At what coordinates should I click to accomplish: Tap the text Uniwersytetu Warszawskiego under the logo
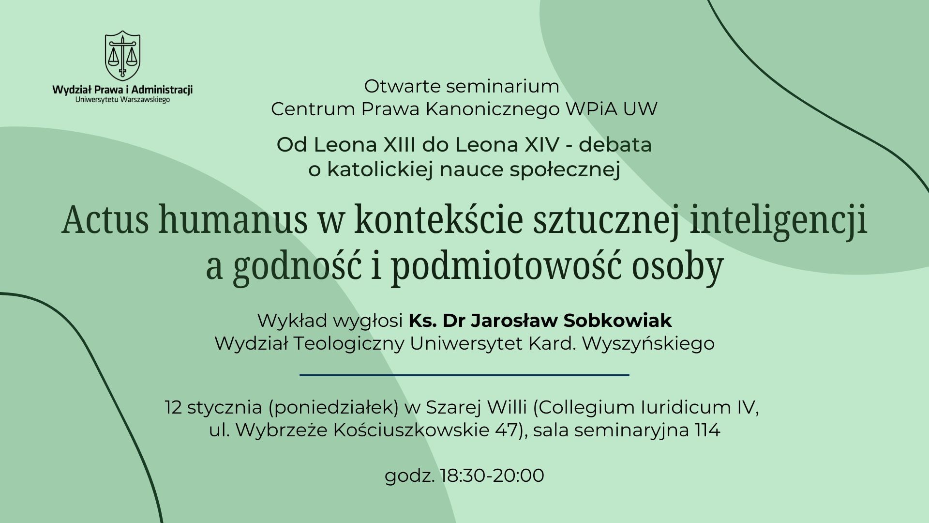(x=122, y=99)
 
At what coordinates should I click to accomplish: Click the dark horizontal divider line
(x=464, y=375)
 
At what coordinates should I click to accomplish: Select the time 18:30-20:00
(x=493, y=476)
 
